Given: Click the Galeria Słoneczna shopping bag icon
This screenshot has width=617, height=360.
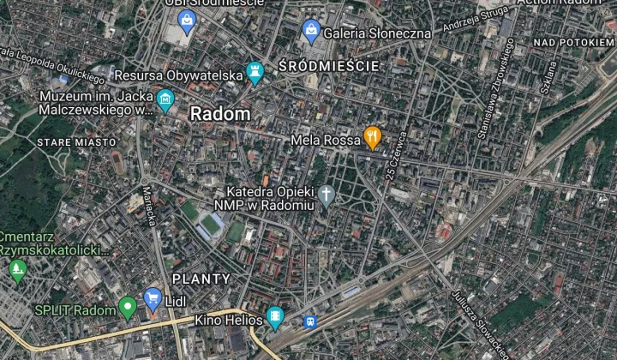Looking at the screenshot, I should [x=311, y=32].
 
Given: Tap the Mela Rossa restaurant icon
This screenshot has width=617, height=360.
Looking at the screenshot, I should [x=372, y=137].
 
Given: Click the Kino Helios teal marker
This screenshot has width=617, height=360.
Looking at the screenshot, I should [x=274, y=318].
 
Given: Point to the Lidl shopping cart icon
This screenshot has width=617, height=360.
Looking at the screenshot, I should [x=153, y=298].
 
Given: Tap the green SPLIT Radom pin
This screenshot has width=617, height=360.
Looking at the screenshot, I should [x=128, y=306].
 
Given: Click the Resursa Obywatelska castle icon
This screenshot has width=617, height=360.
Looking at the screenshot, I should [x=255, y=74].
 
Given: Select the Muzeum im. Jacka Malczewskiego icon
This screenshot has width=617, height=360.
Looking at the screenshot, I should [x=165, y=102].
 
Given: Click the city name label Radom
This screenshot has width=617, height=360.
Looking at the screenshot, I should [x=220, y=114].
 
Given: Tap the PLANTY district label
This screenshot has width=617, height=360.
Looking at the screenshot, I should [x=201, y=279].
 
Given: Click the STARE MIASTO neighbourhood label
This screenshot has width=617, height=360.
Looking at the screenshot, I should [x=76, y=141].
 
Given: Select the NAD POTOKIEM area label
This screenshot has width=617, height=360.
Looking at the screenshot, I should [x=573, y=42].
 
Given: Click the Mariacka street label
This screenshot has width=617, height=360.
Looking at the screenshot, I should [x=148, y=206].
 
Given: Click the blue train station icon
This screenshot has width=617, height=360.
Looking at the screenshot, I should [x=309, y=323].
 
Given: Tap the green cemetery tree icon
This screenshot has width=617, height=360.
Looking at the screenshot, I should [x=17, y=271].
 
